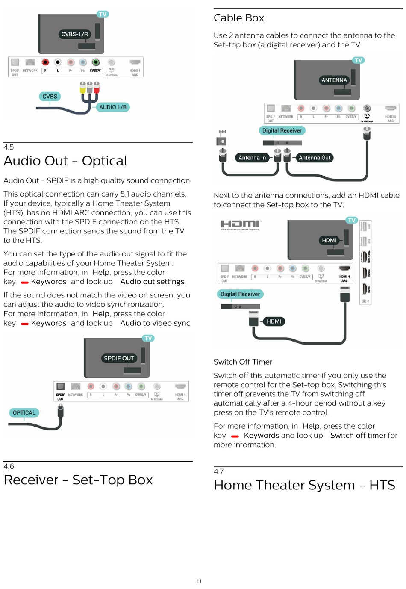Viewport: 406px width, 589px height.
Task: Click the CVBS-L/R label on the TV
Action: (74, 34)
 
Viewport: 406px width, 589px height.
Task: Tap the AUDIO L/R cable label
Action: (113, 107)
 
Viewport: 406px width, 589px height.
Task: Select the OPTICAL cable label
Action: (24, 412)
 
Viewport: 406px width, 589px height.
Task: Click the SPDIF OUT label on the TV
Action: (119, 358)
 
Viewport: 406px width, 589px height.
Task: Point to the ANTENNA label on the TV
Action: (334, 80)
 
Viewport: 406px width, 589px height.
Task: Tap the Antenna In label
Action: (252, 158)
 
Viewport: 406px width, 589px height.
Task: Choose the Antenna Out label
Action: (315, 158)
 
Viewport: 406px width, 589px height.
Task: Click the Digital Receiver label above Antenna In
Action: (282, 130)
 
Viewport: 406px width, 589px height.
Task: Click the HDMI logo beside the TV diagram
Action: (241, 224)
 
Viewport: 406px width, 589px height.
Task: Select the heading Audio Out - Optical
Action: (65, 161)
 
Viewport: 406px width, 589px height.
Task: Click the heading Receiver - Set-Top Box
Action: (78, 480)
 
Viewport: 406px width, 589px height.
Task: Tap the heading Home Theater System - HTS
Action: (304, 485)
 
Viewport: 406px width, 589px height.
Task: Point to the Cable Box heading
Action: (239, 18)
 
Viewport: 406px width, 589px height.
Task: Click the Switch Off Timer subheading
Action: (243, 362)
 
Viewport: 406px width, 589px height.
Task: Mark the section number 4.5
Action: (9, 147)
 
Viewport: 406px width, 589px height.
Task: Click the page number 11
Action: (199, 581)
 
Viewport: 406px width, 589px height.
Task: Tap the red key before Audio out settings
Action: (25, 282)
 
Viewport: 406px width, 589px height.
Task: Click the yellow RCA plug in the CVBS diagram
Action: (83, 88)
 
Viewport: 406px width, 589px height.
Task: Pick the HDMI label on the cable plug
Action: (274, 321)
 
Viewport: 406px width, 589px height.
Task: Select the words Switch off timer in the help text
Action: (358, 435)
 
